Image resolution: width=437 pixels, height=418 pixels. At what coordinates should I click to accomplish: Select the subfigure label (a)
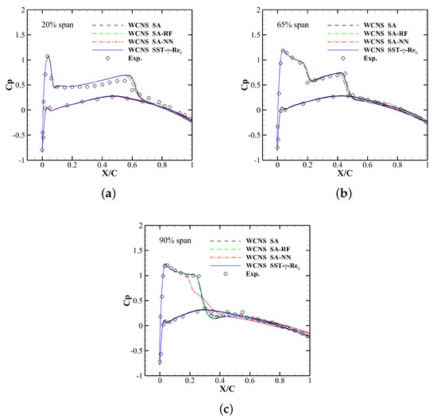[x=106, y=192]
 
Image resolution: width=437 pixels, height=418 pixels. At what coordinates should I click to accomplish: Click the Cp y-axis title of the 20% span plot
[x=10, y=85]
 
